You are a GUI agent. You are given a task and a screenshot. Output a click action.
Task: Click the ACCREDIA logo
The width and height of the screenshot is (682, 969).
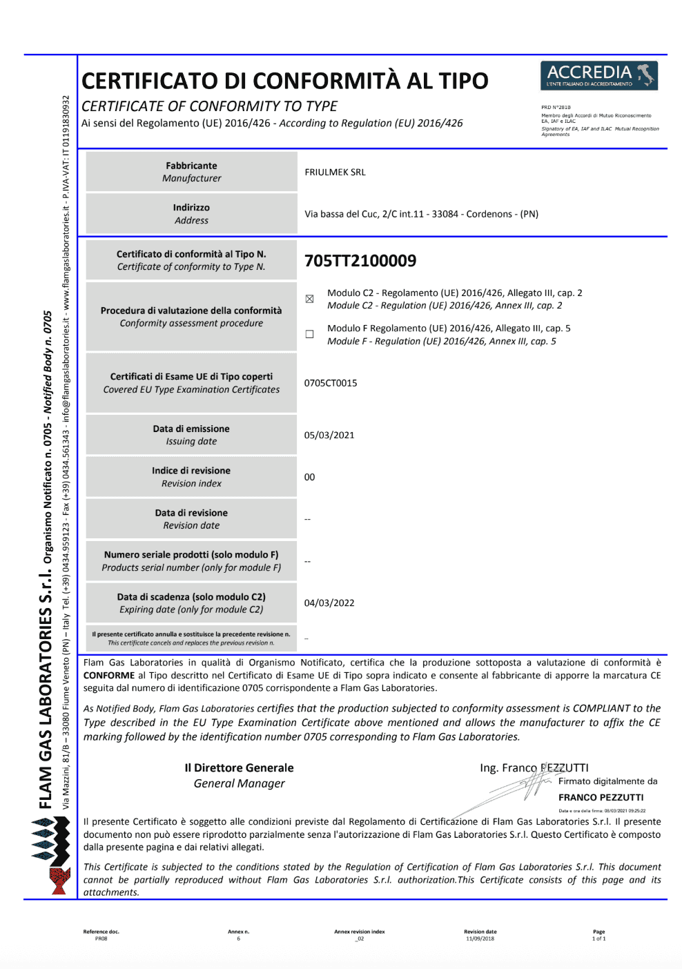[598, 76]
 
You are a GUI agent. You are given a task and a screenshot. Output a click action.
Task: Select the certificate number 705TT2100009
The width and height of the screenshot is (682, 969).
[360, 261]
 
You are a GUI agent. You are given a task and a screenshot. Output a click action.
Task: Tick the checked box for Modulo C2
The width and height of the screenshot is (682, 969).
[309, 299]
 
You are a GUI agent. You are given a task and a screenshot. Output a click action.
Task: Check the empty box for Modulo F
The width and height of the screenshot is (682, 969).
[309, 334]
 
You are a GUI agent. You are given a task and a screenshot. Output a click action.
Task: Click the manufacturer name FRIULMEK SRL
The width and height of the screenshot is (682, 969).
[335, 173]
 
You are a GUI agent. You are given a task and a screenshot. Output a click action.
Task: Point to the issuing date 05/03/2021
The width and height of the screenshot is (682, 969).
[329, 435]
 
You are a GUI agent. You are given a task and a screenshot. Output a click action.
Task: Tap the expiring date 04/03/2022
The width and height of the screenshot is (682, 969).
[329, 603]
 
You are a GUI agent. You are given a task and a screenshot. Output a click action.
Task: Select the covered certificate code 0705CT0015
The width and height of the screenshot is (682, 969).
[331, 383]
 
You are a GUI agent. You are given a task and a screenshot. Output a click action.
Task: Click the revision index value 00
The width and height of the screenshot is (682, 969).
[309, 478]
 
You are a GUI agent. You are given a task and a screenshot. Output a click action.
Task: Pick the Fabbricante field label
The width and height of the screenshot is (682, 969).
[191, 166]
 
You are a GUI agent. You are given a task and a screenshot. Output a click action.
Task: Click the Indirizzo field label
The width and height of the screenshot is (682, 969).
[191, 208]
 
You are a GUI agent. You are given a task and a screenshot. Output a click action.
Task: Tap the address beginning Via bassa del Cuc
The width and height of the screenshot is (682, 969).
[421, 214]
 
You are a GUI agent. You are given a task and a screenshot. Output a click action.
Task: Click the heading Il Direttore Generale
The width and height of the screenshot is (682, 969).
[239, 768]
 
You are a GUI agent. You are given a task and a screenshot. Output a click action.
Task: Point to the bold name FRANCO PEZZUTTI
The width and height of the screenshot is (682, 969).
[601, 798]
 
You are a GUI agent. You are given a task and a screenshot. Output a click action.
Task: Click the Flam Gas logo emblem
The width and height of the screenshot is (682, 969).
[52, 856]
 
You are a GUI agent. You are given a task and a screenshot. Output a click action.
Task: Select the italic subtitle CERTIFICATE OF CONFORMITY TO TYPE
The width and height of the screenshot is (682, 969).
[209, 106]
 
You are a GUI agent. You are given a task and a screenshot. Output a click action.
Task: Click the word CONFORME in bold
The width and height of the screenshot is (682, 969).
[109, 676]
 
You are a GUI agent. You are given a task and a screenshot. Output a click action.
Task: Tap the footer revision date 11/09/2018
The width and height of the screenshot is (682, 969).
[480, 939]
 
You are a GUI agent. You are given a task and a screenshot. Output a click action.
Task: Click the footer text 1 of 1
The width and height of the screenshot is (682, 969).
[598, 939]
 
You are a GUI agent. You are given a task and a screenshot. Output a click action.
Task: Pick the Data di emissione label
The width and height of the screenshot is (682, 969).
[191, 429]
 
